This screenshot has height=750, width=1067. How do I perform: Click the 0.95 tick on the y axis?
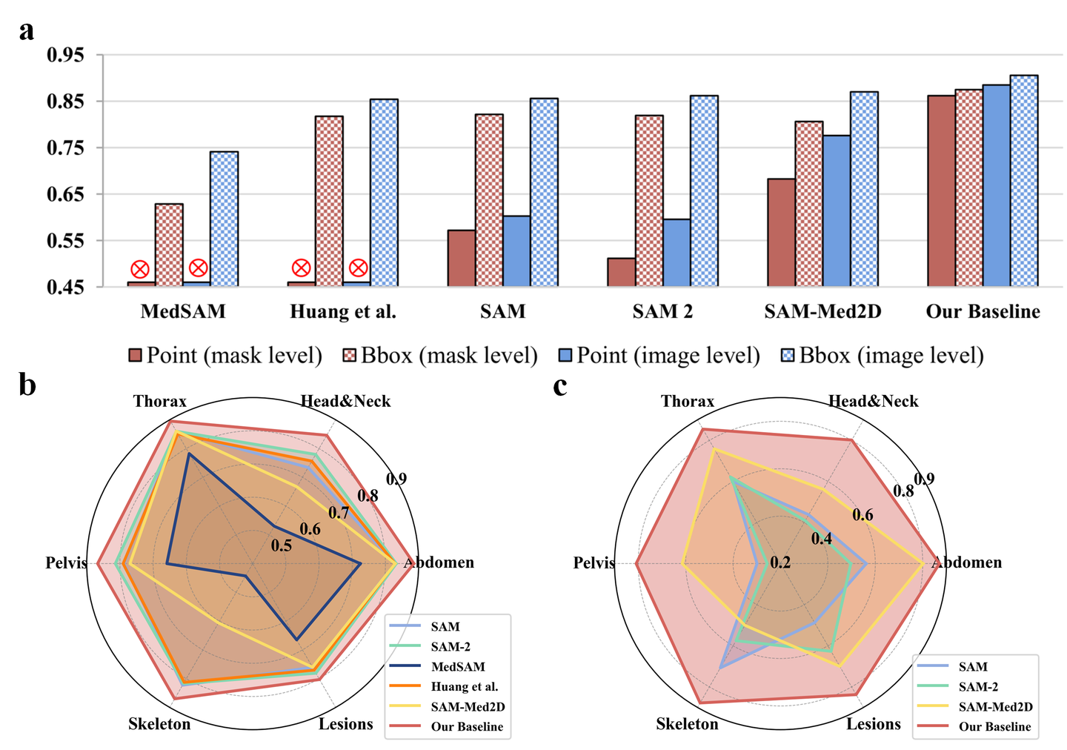click(65, 56)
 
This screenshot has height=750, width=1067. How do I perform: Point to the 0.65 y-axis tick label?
click(65, 195)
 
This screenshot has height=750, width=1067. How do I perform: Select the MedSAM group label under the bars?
click(183, 311)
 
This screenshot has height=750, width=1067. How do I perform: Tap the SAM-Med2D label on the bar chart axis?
click(822, 311)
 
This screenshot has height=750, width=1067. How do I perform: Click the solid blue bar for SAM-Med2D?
click(837, 210)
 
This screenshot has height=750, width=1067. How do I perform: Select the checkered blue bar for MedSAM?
click(224, 219)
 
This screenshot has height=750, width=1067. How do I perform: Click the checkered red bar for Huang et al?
click(329, 201)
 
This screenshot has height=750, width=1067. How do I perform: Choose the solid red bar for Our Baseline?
click(941, 190)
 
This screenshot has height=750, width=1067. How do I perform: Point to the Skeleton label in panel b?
click(159, 724)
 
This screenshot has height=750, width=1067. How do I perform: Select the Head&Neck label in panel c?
click(873, 402)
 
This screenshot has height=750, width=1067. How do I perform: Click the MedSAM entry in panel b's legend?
click(457, 667)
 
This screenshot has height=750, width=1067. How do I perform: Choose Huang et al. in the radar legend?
click(464, 687)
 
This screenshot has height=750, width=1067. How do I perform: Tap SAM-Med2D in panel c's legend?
click(994, 707)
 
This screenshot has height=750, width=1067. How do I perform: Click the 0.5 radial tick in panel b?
click(281, 546)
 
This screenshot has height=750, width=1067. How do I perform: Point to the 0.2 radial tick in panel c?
click(780, 562)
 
